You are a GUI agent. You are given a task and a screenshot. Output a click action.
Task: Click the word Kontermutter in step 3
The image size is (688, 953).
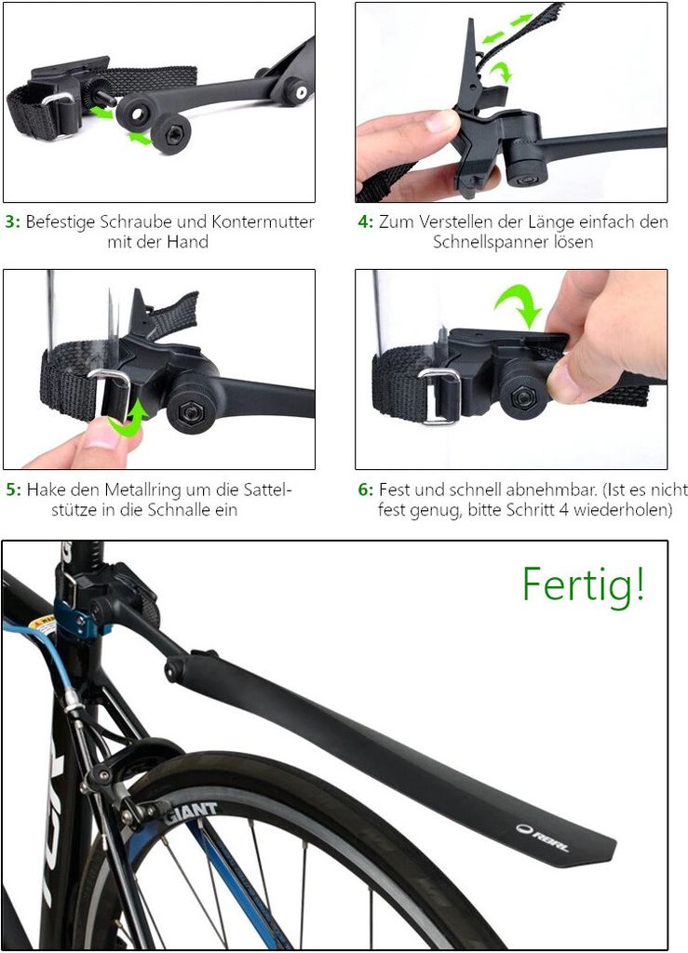tap(263, 221)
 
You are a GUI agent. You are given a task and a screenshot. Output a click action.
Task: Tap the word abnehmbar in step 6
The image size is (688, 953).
tap(550, 490)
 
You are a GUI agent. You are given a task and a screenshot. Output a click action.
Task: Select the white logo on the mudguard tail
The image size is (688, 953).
tap(542, 838)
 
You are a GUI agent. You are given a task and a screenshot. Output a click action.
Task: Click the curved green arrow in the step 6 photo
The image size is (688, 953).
tap(519, 305)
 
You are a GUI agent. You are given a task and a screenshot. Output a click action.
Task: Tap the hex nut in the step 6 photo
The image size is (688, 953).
tap(522, 396)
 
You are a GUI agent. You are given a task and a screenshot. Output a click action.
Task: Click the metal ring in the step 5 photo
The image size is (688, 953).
tap(112, 395)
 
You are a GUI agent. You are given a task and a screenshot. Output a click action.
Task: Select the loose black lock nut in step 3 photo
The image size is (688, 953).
tap(170, 132)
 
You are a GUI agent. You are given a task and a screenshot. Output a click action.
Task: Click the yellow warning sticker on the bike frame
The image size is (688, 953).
tap(42, 624)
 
